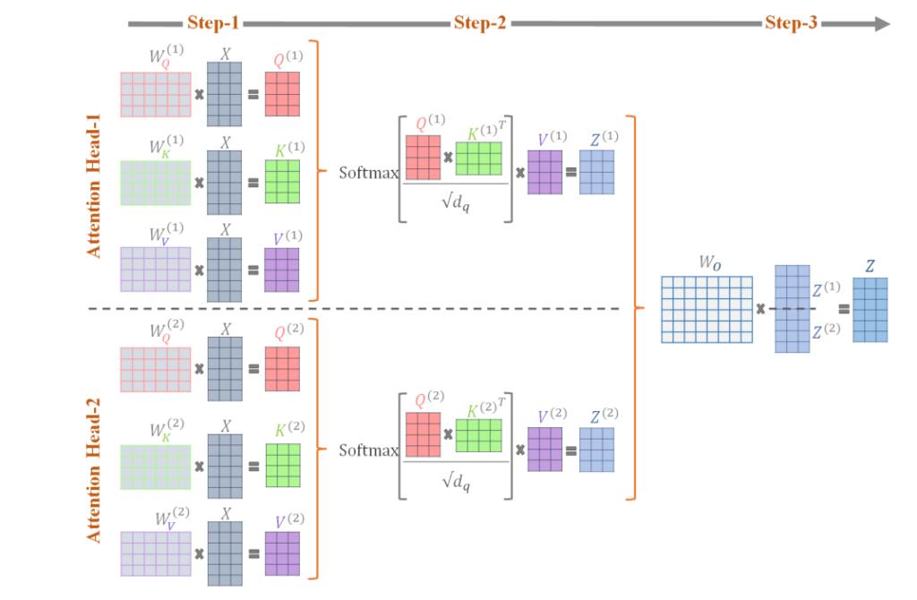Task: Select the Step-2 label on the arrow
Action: [480, 23]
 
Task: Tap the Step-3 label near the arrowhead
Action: [791, 23]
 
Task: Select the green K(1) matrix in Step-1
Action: [282, 181]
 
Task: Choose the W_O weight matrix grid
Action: [707, 310]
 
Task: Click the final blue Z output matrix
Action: [870, 310]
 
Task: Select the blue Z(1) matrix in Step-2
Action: [596, 172]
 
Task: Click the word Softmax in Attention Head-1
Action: [368, 172]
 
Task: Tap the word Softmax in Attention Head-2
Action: [368, 450]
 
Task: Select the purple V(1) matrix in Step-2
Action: [544, 172]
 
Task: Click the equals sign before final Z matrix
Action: [843, 310]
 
